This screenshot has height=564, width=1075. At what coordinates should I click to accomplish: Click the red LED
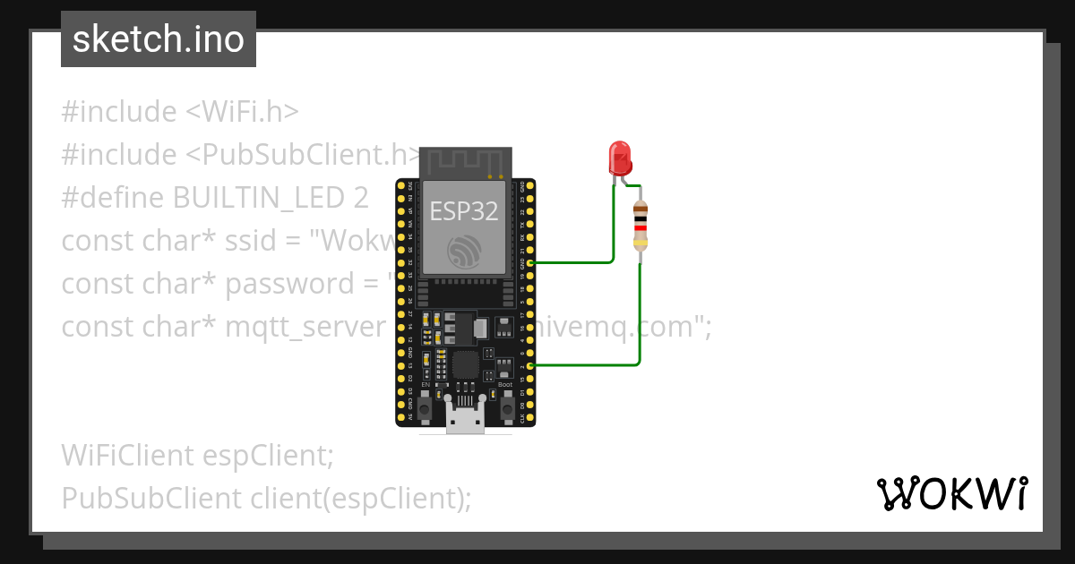click(x=619, y=158)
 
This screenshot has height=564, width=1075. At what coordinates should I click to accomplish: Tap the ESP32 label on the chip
click(x=463, y=210)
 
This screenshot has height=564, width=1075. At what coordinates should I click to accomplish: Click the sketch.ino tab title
click(x=159, y=39)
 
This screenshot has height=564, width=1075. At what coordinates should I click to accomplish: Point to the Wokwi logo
click(x=951, y=493)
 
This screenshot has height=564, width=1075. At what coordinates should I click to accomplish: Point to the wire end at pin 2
click(x=533, y=365)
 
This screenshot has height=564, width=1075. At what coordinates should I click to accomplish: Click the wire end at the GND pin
click(x=533, y=262)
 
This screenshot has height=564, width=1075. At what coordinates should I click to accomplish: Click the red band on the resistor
click(x=640, y=227)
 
